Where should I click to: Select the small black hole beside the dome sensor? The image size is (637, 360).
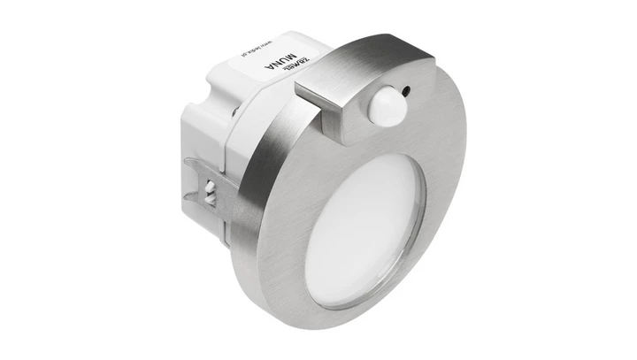[405, 88]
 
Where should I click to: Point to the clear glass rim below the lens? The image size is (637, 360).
[354, 292]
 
